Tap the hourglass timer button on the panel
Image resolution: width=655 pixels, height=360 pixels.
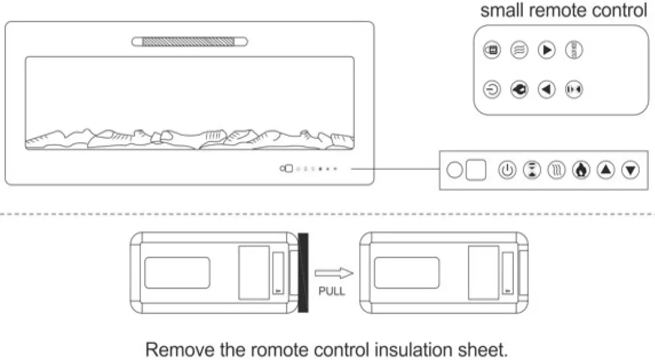click(x=532, y=170)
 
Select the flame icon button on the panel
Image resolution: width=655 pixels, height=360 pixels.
click(x=581, y=170)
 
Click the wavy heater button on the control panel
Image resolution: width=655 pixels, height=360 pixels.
click(x=557, y=170)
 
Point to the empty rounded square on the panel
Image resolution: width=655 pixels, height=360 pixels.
click(x=476, y=170)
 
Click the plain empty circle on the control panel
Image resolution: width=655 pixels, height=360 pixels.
click(x=454, y=170)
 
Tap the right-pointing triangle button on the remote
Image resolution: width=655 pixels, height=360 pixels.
click(x=546, y=50)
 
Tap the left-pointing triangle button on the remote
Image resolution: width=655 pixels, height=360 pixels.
click(x=546, y=90)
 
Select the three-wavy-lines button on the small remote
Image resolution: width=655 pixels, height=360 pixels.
click(x=519, y=50)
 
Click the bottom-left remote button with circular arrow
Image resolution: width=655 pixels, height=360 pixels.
click(x=492, y=90)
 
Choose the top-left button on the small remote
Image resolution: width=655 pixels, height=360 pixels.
click(x=492, y=50)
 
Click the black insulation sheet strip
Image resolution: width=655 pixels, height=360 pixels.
click(x=303, y=273)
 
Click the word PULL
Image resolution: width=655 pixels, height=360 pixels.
click(x=332, y=291)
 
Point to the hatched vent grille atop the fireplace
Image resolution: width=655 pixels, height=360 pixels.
click(x=189, y=42)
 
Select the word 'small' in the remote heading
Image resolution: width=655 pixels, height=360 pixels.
click(x=500, y=10)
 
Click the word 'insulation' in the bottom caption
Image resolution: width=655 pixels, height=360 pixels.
click(x=416, y=349)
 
